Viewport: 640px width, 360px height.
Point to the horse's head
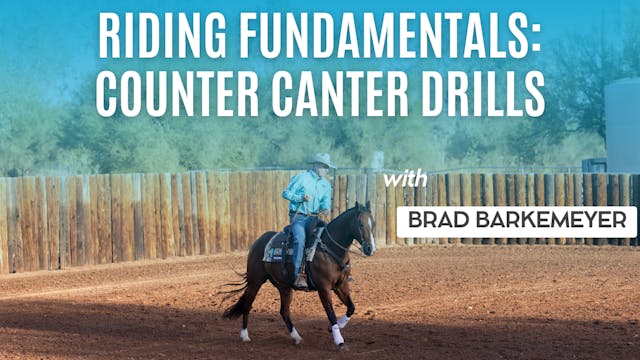tap(362, 228)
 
